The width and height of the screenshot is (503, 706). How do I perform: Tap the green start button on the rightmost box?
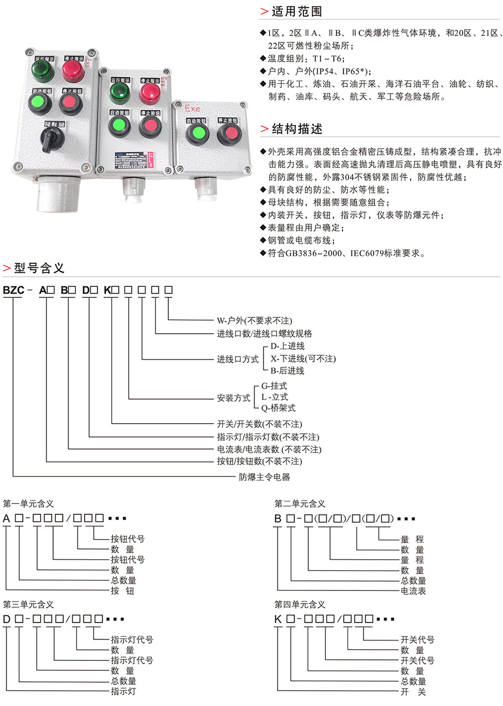[197, 134]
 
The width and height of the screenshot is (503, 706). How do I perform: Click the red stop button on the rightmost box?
[230, 134]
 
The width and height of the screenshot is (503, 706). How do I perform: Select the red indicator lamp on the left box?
[73, 71]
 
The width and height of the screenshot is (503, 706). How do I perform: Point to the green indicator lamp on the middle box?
[120, 92]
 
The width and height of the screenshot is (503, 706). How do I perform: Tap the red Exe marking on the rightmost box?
[192, 109]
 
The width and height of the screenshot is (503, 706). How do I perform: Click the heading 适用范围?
[297, 12]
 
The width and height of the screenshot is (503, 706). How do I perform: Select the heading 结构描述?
[297, 129]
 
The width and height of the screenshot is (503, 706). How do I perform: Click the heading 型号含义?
[39, 268]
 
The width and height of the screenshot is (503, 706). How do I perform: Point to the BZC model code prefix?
[14, 290]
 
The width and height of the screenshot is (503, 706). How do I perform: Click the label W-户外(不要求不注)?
[254, 321]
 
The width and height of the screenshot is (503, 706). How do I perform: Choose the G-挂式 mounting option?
[274, 386]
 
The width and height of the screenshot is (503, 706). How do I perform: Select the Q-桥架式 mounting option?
[278, 408]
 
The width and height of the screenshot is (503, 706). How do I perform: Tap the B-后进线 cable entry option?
[287, 371]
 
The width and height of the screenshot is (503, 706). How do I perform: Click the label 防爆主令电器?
[264, 477]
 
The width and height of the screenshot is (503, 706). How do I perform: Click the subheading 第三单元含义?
[28, 604]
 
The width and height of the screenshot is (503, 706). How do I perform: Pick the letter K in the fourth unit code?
[278, 620]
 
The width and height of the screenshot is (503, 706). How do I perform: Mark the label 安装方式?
[233, 398]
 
